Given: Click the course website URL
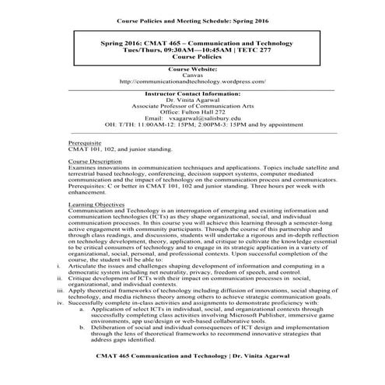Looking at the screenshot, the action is point(192,81).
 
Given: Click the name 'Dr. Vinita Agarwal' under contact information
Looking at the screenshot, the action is point(192,100).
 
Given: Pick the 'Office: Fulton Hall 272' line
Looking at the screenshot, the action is point(192,111).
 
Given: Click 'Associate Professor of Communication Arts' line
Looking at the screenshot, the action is point(192,106).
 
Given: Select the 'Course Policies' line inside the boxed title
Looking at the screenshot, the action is point(192,56).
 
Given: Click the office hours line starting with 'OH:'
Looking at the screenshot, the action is point(192,124).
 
